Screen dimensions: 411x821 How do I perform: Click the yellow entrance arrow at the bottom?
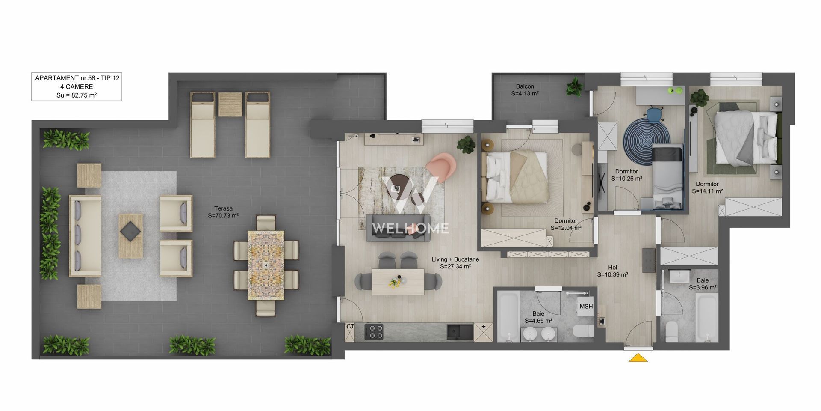[x=638, y=358]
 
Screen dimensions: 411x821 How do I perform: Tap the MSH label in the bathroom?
[x=586, y=307]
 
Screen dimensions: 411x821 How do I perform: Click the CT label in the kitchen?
[x=350, y=326]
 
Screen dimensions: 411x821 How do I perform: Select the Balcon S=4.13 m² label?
[x=525, y=90]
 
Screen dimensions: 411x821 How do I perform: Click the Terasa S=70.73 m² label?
[x=223, y=212]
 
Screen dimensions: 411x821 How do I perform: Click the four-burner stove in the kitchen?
[x=374, y=332]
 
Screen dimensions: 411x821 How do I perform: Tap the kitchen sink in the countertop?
[x=460, y=332]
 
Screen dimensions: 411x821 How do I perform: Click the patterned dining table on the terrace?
[x=266, y=265]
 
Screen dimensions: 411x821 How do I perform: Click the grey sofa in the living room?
[x=398, y=228]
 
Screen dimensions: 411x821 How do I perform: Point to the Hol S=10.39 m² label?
[x=612, y=271]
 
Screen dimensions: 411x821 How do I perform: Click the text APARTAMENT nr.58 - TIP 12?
[x=77, y=78]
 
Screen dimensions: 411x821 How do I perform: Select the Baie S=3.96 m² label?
[x=703, y=284]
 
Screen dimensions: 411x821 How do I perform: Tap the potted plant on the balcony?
[x=574, y=87]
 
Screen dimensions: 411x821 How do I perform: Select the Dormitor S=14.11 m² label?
[x=707, y=188]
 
